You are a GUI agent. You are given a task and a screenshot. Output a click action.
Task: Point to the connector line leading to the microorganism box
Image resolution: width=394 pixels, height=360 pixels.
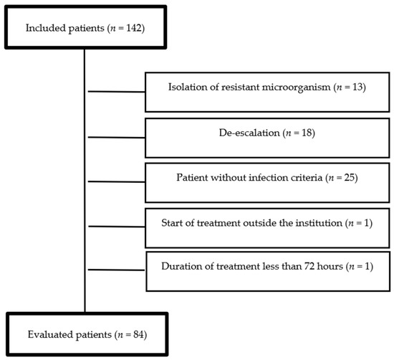(x=115, y=92)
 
